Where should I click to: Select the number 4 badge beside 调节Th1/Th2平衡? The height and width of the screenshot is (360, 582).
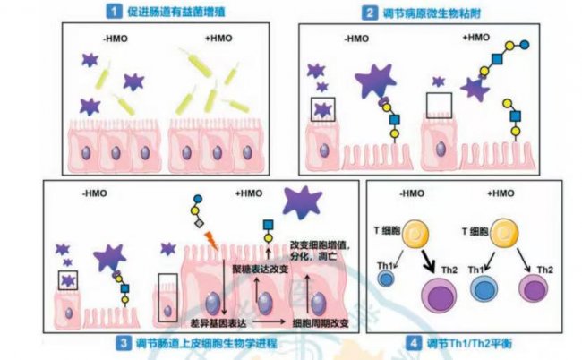coord(412,343)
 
